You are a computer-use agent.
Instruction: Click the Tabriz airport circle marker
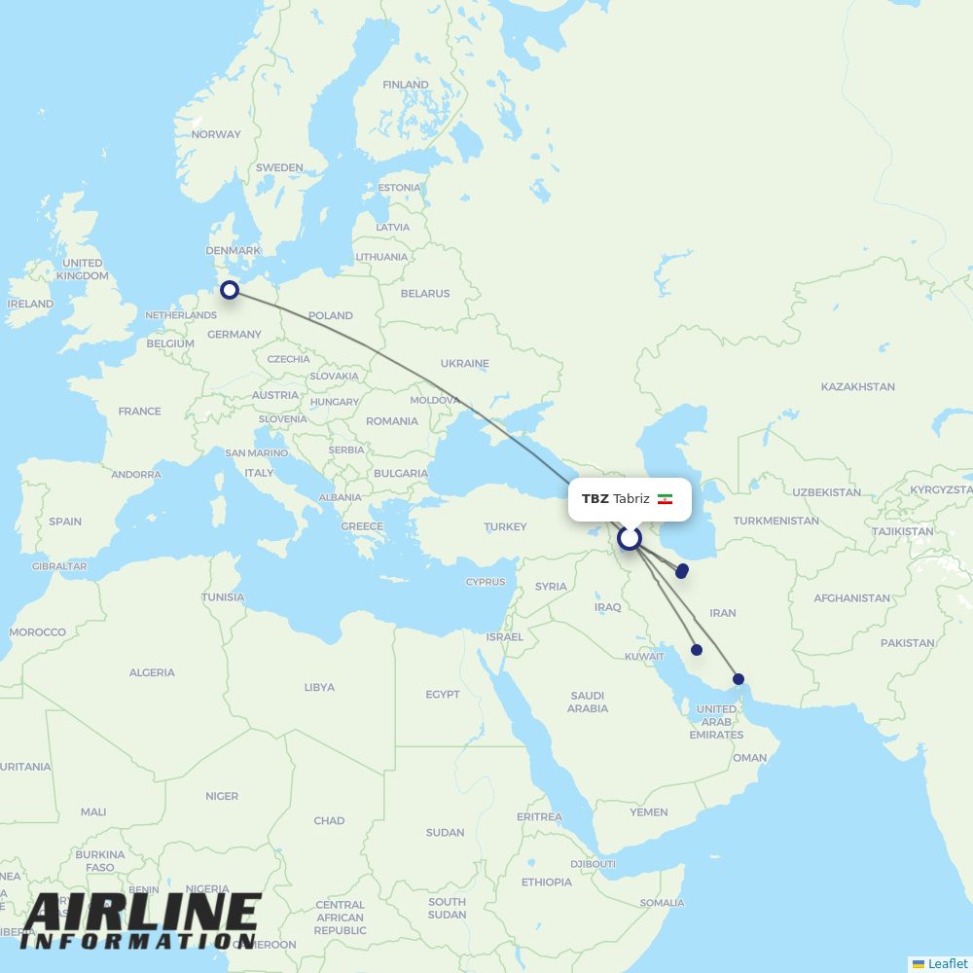630,538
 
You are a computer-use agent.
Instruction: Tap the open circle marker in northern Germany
230,289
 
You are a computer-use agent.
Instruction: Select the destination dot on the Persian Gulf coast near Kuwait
697,650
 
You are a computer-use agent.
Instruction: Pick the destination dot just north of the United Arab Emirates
739,679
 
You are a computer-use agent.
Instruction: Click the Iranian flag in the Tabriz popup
666,499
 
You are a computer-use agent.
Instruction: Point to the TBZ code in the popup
595,499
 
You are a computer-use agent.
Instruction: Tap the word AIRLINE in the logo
142,913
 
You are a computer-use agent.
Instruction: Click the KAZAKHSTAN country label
857,386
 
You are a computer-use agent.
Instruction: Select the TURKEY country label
505,526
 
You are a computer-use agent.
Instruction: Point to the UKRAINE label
464,363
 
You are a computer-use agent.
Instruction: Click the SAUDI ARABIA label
588,702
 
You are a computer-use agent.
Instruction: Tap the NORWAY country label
216,134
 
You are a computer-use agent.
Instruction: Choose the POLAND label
330,315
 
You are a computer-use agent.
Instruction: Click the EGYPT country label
443,694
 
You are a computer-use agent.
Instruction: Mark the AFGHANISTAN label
851,598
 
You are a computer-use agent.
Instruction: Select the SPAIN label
65,521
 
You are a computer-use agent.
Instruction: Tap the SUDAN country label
445,832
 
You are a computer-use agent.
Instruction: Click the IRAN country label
723,613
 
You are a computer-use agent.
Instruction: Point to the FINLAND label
405,85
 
